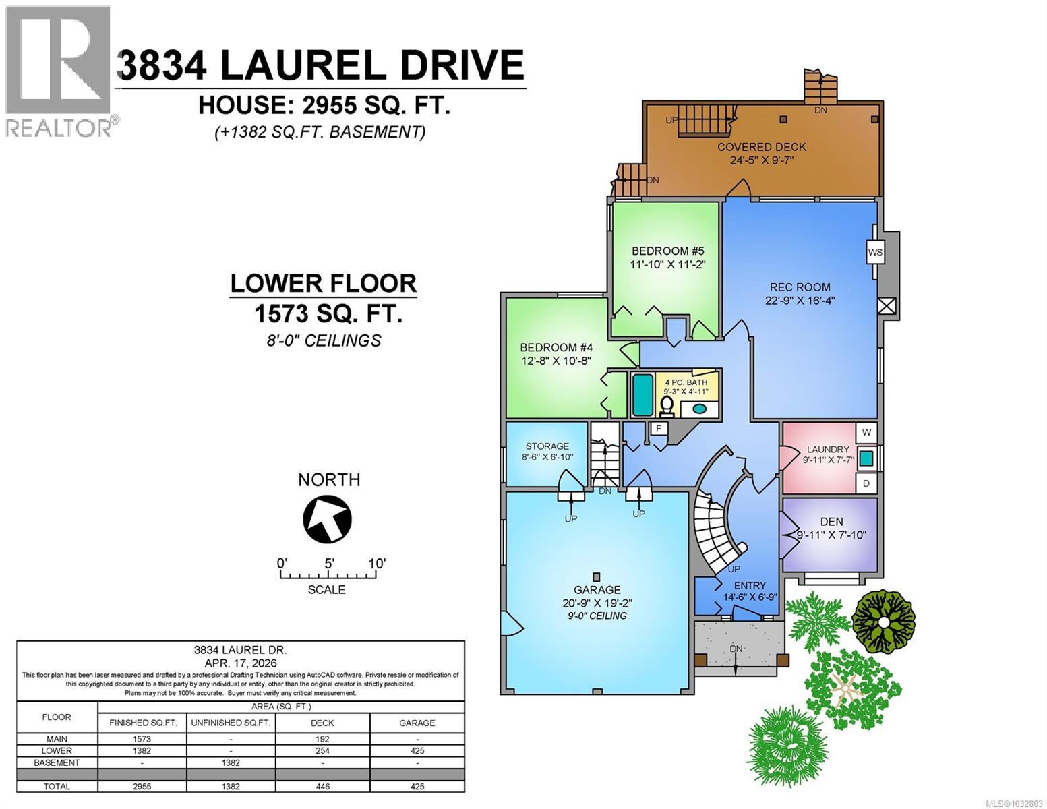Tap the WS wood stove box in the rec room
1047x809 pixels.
[x=875, y=253]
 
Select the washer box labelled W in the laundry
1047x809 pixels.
[x=866, y=432]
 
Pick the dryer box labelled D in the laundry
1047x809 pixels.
[x=866, y=483]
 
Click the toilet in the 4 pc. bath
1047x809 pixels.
[x=666, y=406]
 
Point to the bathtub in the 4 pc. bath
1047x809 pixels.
[x=642, y=395]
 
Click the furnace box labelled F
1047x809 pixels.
[x=658, y=428]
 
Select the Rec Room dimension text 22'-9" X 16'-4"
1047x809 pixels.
[x=800, y=301]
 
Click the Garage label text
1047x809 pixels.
[x=597, y=589]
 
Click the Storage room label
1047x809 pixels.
[x=547, y=446]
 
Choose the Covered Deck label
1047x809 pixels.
[x=761, y=147]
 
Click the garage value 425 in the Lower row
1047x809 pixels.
[x=417, y=750]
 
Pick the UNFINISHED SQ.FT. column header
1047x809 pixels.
[x=231, y=723]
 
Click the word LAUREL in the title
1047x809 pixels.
[x=304, y=65]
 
